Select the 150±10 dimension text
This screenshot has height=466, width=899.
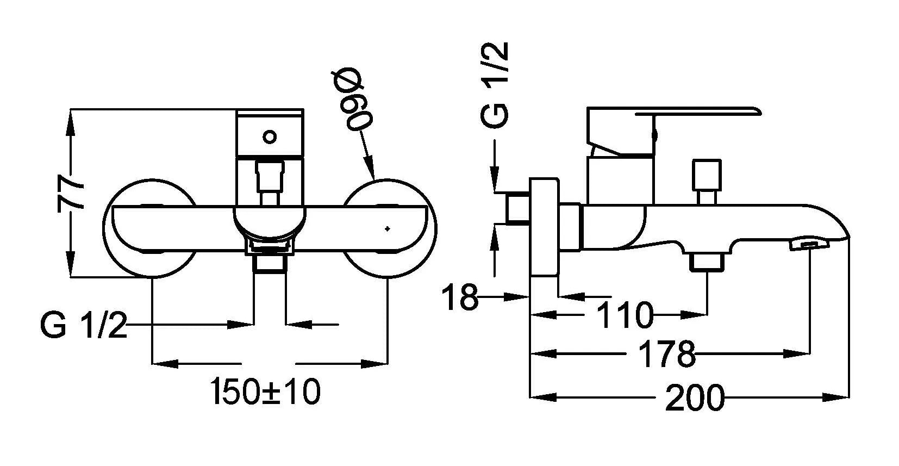pos(265,392)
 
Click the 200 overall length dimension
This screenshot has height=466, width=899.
pos(695,398)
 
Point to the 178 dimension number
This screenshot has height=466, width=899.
pos(666,354)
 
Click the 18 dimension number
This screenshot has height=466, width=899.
pos(460,297)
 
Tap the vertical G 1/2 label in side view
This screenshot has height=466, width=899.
pos(495,85)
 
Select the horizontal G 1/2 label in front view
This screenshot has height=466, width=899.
pos(84,326)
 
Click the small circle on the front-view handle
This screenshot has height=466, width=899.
pos(270,137)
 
